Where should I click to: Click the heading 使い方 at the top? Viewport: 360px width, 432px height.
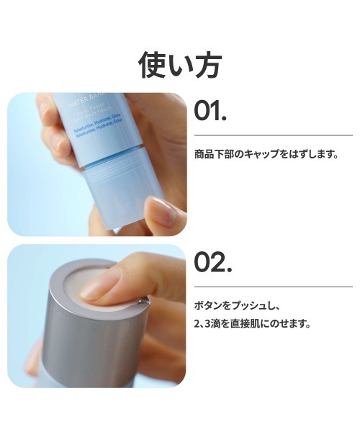180,64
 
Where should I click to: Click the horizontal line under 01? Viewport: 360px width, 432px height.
274,135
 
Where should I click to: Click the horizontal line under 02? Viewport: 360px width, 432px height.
274,287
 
